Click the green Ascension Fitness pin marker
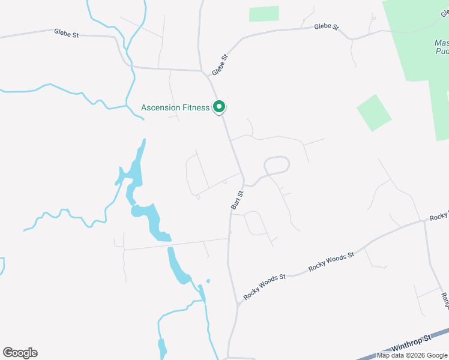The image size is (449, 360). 219,107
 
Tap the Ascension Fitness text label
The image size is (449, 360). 175,108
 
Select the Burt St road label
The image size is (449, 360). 237,200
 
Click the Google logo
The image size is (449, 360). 20,353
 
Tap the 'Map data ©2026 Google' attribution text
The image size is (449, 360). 412,355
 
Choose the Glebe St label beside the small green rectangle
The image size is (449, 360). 327,28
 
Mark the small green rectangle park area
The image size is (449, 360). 264,14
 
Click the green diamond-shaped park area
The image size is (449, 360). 374,112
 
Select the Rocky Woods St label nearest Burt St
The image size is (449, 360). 264,287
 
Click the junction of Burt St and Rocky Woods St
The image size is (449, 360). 238,305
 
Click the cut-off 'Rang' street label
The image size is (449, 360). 445,300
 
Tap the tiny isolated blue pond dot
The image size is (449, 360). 208,280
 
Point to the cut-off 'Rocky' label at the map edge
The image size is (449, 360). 439,216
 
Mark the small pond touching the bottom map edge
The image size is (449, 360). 162,349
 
